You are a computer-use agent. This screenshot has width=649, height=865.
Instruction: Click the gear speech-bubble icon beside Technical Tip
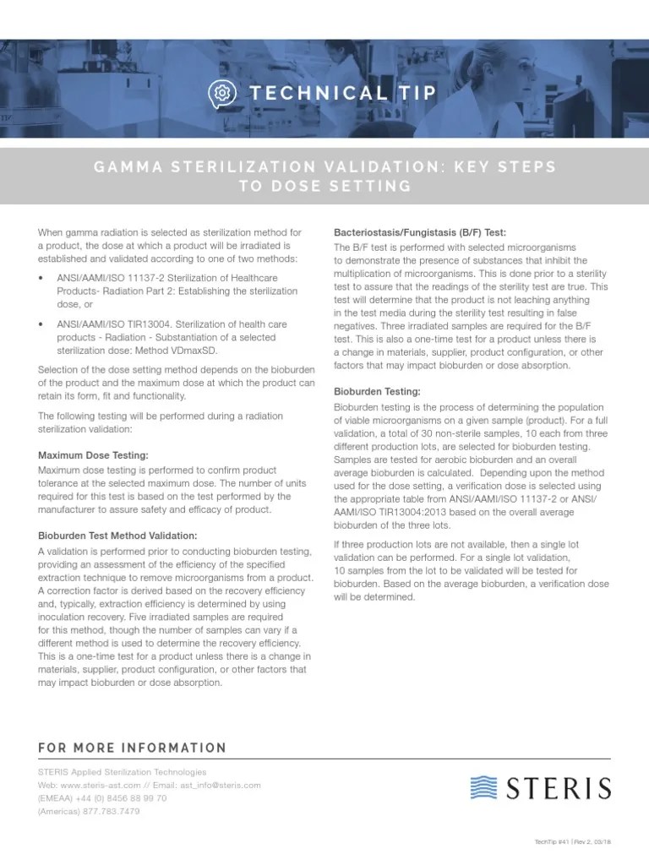click(221, 92)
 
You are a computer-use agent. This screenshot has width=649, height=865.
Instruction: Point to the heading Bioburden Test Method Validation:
click(117, 536)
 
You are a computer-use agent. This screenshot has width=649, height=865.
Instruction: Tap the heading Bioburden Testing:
click(377, 392)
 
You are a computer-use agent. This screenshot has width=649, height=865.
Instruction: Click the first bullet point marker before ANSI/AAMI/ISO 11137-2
click(42, 276)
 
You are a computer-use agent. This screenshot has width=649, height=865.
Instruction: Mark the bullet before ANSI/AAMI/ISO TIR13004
click(42, 324)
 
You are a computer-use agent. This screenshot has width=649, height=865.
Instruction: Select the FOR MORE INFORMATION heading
click(132, 748)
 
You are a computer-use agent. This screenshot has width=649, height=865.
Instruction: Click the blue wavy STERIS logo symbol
click(484, 788)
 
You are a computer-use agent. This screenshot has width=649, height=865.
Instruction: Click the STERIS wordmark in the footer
click(559, 788)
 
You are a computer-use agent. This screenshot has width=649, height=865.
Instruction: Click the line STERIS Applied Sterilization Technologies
click(122, 771)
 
